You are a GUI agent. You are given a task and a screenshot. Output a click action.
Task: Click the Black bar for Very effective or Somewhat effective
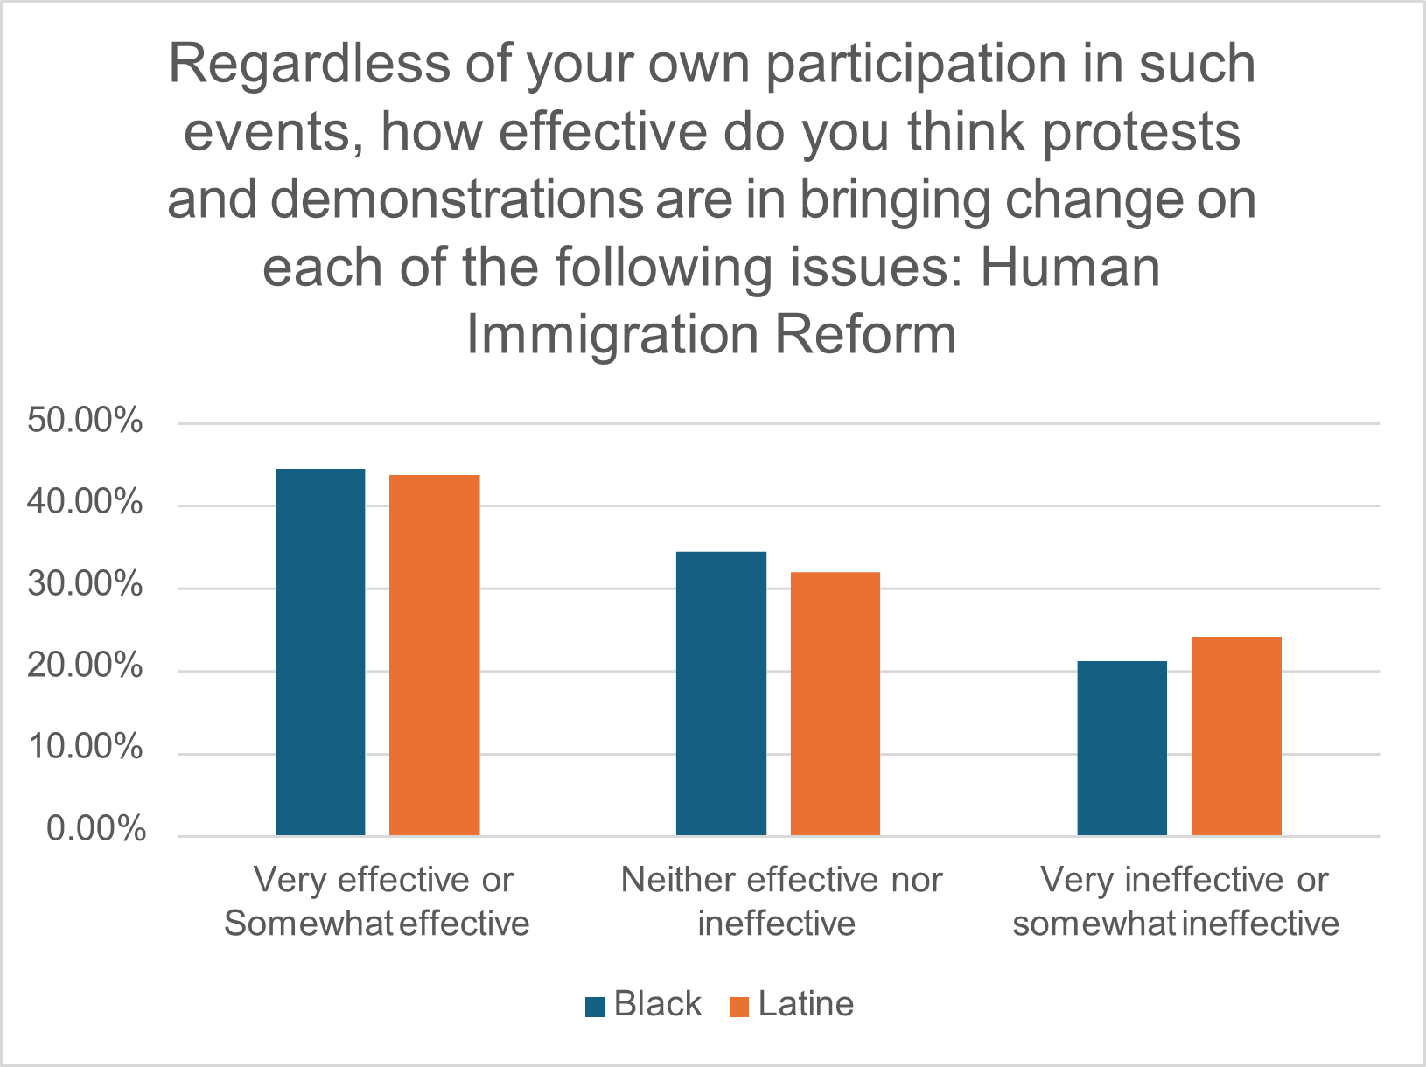pyautogui.click(x=320, y=652)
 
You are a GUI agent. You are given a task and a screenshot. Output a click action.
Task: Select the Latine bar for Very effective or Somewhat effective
pyautogui.click(x=435, y=656)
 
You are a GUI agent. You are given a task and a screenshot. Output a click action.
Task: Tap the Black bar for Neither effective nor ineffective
pyautogui.click(x=722, y=694)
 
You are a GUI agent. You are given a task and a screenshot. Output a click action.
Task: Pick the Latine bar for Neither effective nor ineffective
pyautogui.click(x=835, y=704)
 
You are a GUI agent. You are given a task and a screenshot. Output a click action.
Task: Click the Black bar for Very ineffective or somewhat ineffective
pyautogui.click(x=1122, y=749)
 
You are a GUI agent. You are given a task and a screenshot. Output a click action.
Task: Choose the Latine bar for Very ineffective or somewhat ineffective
pyautogui.click(x=1236, y=736)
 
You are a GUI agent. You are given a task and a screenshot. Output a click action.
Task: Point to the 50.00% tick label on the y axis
pyautogui.click(x=86, y=421)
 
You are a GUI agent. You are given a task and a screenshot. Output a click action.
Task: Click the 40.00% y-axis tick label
pyautogui.click(x=86, y=503)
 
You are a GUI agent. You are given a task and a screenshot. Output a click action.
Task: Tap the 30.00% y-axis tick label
pyautogui.click(x=86, y=585)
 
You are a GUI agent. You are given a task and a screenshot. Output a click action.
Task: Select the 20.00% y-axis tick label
pyautogui.click(x=86, y=668)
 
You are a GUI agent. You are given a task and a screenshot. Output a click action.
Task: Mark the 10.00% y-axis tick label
pyautogui.click(x=86, y=749)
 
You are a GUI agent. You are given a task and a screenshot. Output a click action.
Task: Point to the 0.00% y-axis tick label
pyautogui.click(x=95, y=829)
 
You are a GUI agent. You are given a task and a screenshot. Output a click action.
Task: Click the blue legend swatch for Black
pyautogui.click(x=596, y=1007)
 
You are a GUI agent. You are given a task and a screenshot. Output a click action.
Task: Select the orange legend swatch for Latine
pyautogui.click(x=739, y=1007)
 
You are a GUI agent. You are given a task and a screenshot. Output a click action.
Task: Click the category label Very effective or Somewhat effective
pyautogui.click(x=379, y=902)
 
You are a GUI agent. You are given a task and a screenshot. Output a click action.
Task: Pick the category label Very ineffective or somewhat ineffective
pyautogui.click(x=1178, y=902)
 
